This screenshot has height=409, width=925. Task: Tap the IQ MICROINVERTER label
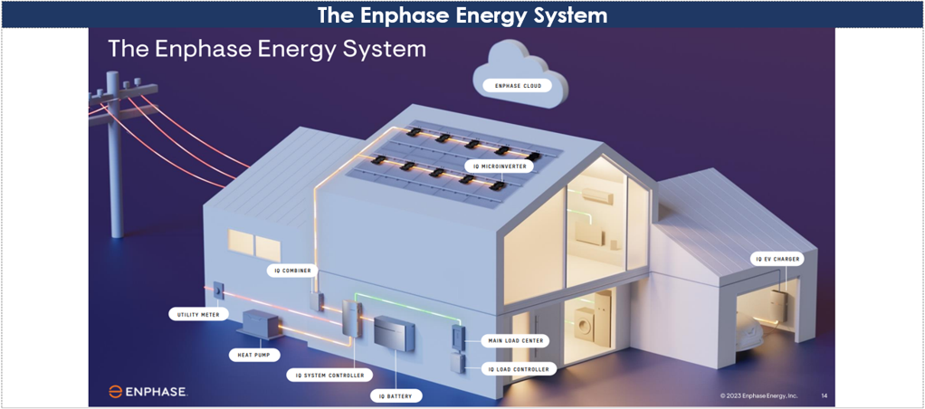click(498, 166)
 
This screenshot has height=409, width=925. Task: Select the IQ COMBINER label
click(291, 270)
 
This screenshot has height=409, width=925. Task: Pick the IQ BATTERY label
click(396, 395)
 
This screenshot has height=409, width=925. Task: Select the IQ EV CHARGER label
click(777, 259)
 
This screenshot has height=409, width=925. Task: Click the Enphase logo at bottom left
click(148, 392)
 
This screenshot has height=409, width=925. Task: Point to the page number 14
click(824, 395)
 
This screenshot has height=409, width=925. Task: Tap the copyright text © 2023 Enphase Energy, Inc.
click(758, 395)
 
